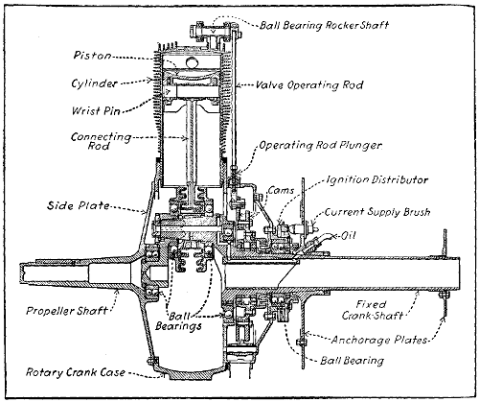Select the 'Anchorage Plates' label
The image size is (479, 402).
(392, 338)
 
